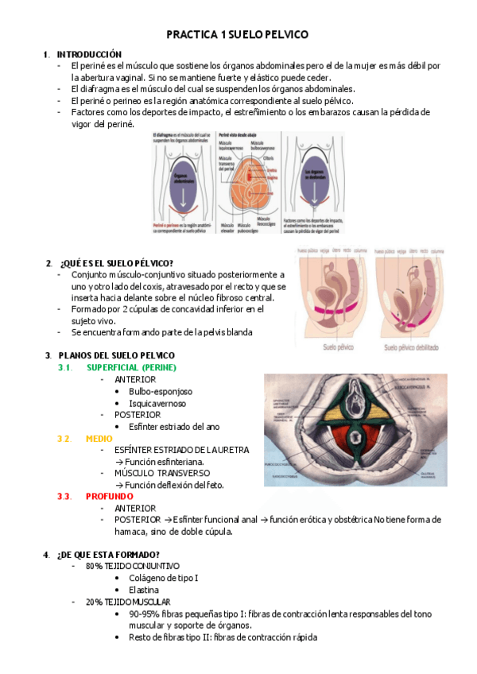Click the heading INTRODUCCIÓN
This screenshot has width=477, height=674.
point(89,53)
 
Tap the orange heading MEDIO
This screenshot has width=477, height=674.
point(99,438)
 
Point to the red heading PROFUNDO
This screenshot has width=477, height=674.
point(109,496)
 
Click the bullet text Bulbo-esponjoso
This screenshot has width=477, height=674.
point(161,391)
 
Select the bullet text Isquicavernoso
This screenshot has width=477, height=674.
point(159,403)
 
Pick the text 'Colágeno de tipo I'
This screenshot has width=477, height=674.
point(164,578)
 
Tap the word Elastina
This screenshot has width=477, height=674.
point(144,590)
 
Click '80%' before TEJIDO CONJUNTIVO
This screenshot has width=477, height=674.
point(94,566)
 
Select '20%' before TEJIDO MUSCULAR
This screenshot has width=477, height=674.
point(94,602)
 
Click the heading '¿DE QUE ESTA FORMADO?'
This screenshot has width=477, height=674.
point(108,554)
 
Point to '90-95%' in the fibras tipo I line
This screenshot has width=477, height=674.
point(144,614)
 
